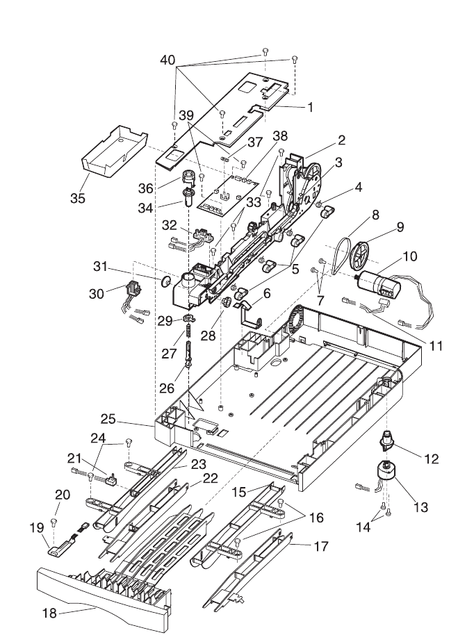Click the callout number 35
tap(78, 198)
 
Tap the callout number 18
tap(50, 613)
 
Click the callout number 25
tap(108, 419)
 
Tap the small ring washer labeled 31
tap(165, 281)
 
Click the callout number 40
tap(167, 60)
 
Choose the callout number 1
tap(310, 107)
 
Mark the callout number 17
tap(321, 546)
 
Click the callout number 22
tap(211, 478)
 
